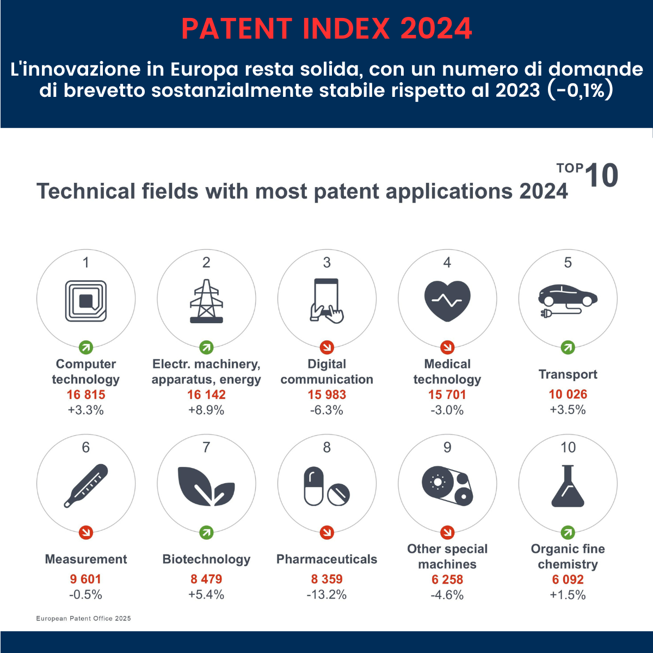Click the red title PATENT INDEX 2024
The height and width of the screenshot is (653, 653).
coord(326,29)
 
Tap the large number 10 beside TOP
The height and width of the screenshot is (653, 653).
coord(601,175)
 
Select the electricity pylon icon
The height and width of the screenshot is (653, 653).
coord(206,301)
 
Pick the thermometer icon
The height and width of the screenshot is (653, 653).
coord(86,485)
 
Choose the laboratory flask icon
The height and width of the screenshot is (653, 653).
coord(568,485)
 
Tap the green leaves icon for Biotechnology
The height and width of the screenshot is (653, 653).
coord(206,486)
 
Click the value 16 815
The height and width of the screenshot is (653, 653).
coord(86,395)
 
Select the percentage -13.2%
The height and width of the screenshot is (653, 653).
coord(326,595)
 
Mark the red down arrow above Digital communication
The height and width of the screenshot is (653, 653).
coord(326,347)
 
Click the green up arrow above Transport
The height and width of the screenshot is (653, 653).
coord(568,347)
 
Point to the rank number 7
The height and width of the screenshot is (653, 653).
coord(206,447)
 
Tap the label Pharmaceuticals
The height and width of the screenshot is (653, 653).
coord(326,559)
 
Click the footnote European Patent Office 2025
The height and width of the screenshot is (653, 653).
coord(83,618)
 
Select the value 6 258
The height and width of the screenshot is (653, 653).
coord(447,580)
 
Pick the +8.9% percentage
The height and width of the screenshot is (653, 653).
coord(206,410)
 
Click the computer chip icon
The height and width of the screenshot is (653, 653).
coord(86,301)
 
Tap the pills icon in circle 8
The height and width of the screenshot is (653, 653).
coord(326,486)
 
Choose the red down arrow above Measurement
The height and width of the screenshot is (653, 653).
coord(86,532)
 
